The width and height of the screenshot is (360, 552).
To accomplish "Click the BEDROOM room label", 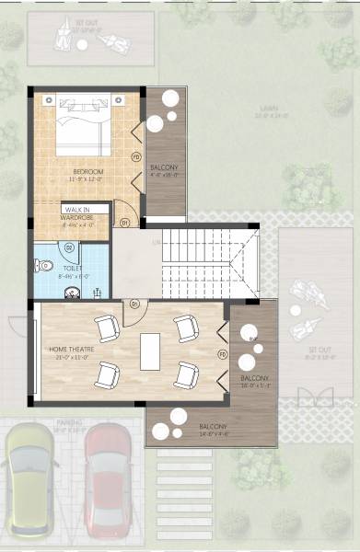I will [89, 172].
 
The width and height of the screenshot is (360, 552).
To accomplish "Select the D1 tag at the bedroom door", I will [125, 222].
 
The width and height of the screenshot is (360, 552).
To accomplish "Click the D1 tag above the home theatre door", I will [134, 303].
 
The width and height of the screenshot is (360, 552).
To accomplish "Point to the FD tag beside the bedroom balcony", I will [136, 155].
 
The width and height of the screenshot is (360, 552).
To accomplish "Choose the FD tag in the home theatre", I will [221, 353].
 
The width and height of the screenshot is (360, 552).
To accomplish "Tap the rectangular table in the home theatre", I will [150, 351].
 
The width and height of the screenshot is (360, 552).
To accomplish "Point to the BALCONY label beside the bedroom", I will [165, 168].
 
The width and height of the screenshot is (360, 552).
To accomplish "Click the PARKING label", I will [69, 425].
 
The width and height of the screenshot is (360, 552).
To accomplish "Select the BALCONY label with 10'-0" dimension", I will [254, 381].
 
